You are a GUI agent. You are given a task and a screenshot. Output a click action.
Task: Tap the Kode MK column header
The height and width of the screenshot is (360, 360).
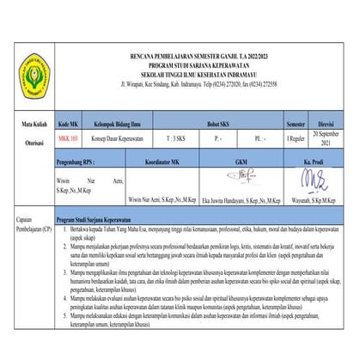pos(69,124)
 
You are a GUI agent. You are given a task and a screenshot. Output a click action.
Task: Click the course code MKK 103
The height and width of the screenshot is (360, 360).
pos(68,137)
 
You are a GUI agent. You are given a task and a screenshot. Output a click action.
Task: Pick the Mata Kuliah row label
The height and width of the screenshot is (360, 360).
pos(28,124)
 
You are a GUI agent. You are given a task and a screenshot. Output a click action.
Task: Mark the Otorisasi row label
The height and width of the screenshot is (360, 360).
pos(27,138)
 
